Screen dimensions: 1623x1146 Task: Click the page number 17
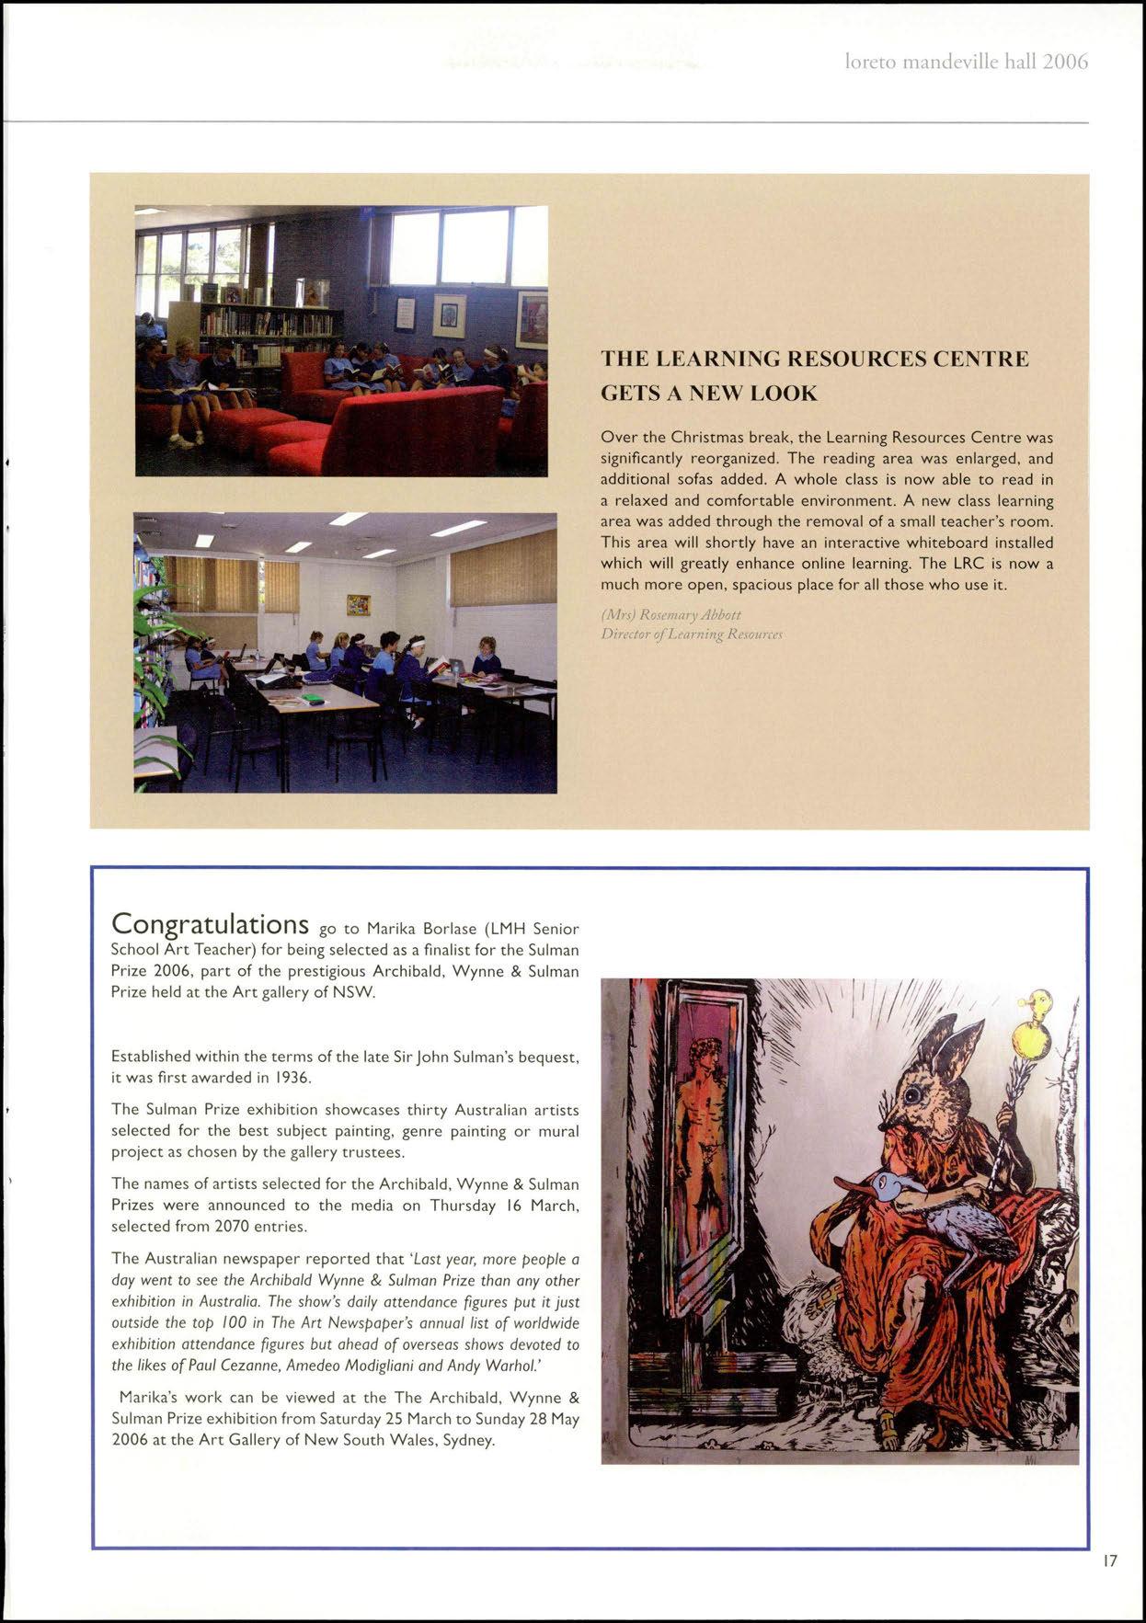pos(1110,1560)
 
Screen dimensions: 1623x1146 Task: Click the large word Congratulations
pos(209,922)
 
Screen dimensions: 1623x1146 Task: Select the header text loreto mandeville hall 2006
pos(966,63)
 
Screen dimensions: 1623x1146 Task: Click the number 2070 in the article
pos(232,1226)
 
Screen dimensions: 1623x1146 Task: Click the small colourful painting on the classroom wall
pos(359,604)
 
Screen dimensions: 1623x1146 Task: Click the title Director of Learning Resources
pos(691,634)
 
